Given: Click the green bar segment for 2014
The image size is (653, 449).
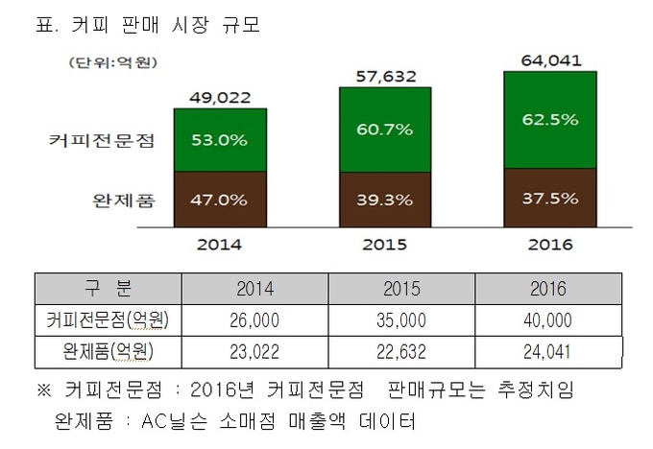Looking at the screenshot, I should [x=220, y=140].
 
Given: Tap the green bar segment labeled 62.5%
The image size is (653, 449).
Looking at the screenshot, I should [x=550, y=120].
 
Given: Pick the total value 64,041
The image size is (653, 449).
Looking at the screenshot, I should [x=550, y=59].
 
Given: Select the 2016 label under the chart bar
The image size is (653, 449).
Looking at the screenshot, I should [x=550, y=244].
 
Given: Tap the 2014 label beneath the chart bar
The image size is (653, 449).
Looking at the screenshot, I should [x=220, y=244].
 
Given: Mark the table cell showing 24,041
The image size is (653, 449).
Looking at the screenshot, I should [x=547, y=352].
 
